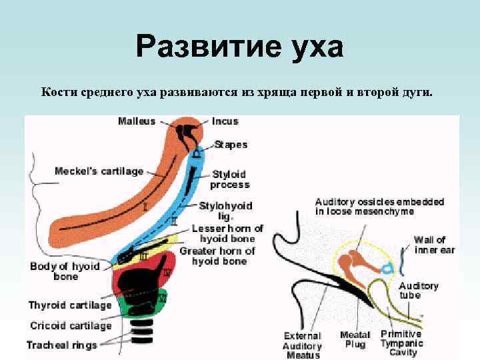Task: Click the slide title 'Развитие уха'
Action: coord(239,47)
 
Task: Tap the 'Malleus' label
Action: coord(137,121)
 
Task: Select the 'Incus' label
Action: coord(225,121)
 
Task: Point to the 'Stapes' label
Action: coord(231,145)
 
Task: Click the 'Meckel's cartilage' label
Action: coord(99,171)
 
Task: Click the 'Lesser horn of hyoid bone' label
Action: coord(227,233)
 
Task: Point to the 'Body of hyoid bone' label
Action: coord(65,271)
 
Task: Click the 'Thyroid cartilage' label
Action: coord(69,305)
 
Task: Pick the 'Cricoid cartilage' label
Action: coord(70,326)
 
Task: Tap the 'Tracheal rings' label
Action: coord(61,345)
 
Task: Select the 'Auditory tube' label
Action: coord(418,291)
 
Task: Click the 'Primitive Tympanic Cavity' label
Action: coord(401,343)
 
